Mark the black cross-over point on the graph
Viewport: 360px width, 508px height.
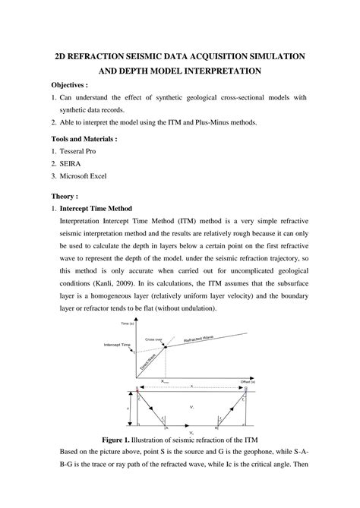164,346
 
